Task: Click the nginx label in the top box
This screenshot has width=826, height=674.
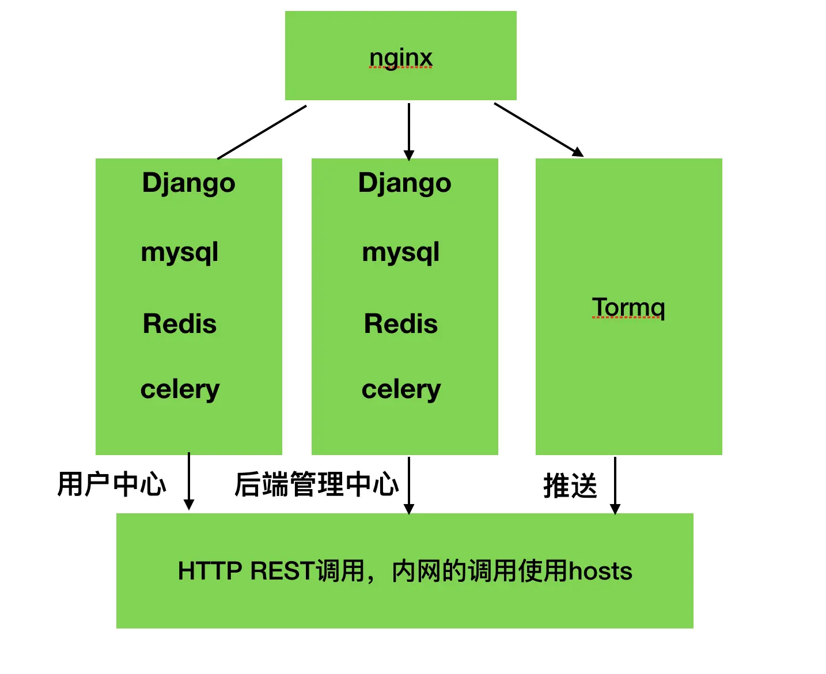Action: point(400,58)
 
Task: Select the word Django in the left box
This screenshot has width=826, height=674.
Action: point(188,183)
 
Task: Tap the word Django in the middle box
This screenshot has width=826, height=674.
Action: point(404,183)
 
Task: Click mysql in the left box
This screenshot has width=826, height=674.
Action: point(180,252)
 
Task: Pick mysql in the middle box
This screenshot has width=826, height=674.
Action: point(401,252)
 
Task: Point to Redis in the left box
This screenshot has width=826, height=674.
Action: point(180,324)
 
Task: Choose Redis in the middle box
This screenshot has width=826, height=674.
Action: point(401,324)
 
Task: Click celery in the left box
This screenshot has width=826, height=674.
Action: point(180,390)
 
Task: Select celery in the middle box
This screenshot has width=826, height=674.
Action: point(401,390)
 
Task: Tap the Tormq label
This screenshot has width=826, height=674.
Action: point(628,308)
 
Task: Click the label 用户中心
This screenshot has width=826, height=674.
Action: point(112,484)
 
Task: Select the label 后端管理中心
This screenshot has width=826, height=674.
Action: point(316,484)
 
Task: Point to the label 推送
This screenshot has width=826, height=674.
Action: point(570,486)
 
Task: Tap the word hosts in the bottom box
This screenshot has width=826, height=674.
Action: point(600,571)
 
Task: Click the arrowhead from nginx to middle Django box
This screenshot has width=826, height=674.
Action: point(409,155)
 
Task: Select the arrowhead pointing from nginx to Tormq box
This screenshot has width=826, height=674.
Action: point(578,152)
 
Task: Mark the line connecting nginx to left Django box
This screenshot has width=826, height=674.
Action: point(262,132)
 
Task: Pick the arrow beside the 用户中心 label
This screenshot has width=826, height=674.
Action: point(189,482)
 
